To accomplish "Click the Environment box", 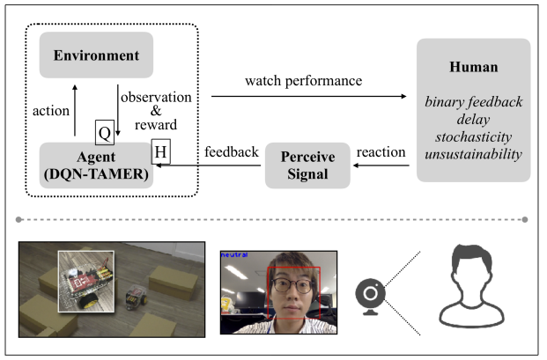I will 97,55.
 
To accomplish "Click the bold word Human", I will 473,67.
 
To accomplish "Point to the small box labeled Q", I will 105,134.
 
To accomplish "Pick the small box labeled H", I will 161,151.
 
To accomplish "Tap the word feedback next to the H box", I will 231,152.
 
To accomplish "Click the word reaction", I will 381,152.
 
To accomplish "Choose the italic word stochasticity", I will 473,136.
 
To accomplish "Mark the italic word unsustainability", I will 473,154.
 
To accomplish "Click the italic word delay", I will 473,119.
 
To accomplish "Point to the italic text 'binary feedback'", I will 473,101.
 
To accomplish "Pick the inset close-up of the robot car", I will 87,280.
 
